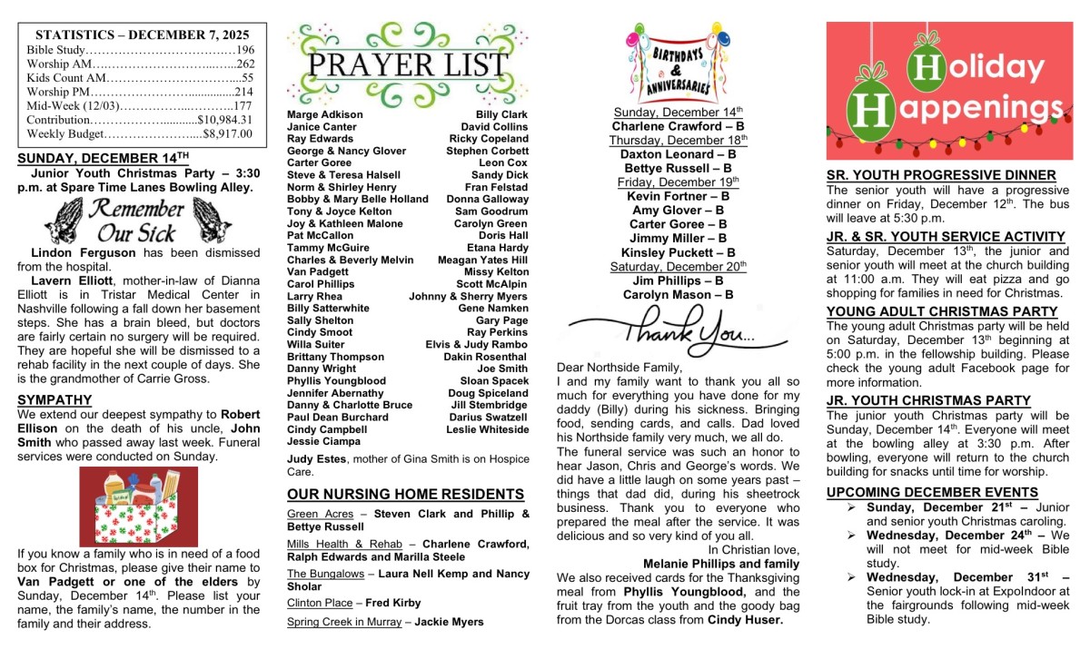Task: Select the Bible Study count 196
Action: (244, 50)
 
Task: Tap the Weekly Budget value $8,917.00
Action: (227, 133)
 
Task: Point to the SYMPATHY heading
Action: (54, 399)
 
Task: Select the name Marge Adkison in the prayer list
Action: (324, 115)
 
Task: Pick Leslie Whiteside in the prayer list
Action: (487, 429)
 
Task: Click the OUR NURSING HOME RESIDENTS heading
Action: (405, 495)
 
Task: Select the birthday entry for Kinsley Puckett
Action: (678, 252)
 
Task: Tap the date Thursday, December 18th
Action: (678, 141)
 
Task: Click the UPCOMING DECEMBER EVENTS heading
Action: (932, 492)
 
